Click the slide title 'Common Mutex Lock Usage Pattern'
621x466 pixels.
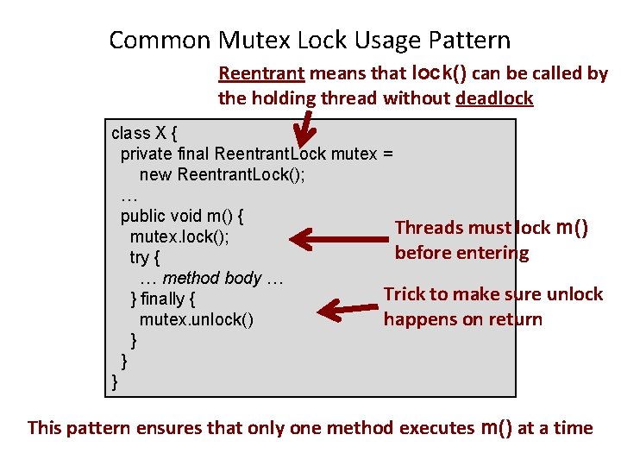(310, 40)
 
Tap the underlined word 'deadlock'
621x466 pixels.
(494, 98)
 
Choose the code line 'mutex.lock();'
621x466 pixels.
(179, 236)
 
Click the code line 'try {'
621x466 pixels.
(145, 257)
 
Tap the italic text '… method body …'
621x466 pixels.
(211, 278)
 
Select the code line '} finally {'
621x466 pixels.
(162, 299)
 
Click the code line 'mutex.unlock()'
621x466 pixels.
(197, 320)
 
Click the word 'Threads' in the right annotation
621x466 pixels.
(428, 228)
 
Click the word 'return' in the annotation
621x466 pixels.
(516, 319)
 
